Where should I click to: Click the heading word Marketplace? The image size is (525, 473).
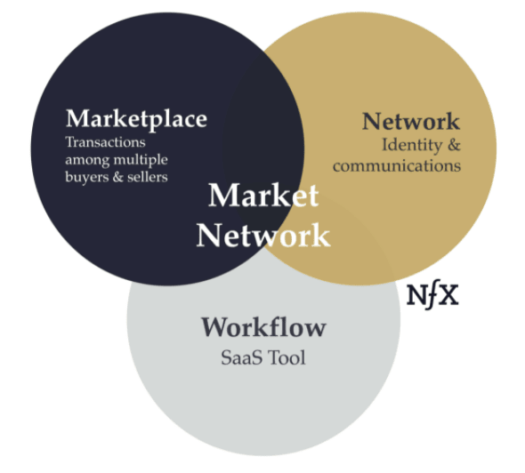(x=137, y=120)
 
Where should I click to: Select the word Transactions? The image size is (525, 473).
(x=106, y=142)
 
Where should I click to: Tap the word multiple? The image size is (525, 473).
(x=141, y=161)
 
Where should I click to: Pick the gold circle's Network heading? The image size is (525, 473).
(x=411, y=121)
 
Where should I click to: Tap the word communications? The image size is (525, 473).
(x=397, y=166)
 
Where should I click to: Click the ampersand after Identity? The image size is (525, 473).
(x=454, y=145)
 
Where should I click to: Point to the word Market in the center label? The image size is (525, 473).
(x=263, y=196)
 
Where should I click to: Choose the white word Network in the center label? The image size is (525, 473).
(x=263, y=236)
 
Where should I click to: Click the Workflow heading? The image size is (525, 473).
(x=263, y=327)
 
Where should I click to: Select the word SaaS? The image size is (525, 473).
(x=241, y=357)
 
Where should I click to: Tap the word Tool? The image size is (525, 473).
(x=287, y=357)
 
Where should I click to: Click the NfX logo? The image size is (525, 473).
(x=432, y=296)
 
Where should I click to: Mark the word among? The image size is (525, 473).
(x=87, y=161)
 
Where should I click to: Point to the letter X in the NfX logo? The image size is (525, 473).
(x=448, y=295)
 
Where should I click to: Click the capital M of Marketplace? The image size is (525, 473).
(x=78, y=118)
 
